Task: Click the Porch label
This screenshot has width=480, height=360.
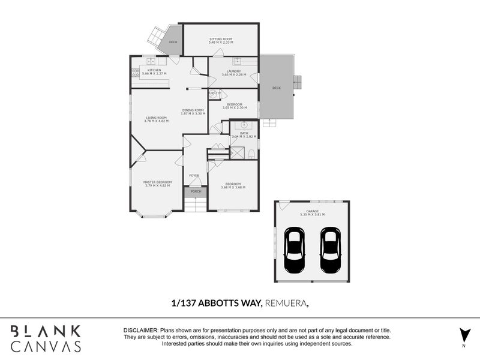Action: coord(196,191)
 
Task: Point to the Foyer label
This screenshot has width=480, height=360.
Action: coord(194,175)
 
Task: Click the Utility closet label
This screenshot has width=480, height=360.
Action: coord(215,94)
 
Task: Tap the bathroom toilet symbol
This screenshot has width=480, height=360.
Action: coord(251,154)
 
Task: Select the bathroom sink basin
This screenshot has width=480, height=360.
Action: coord(244,125)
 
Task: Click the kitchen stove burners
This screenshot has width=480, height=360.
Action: coord(135,73)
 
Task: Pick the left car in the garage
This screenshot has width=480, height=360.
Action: coord(294,250)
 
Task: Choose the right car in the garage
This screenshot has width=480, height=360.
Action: coord(329,250)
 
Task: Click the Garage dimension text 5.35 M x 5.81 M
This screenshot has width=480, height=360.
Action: coord(312,214)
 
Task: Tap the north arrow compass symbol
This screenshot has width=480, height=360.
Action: coord(463,335)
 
